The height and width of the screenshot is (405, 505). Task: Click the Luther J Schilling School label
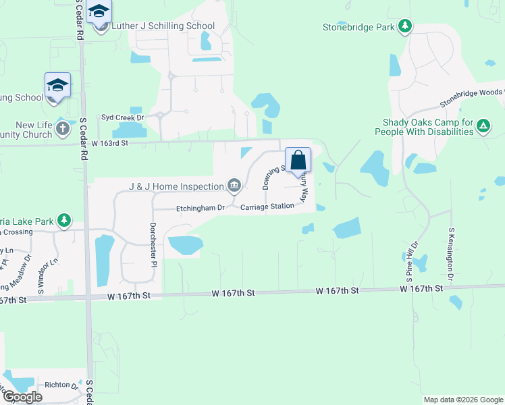[163, 26]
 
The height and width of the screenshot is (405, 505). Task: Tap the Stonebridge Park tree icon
[405, 26]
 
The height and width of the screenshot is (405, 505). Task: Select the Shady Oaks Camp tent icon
[483, 126]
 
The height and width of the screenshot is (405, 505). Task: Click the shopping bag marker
[298, 160]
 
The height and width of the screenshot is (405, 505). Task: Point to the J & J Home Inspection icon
[234, 185]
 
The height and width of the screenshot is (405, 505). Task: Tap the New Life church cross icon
[62, 128]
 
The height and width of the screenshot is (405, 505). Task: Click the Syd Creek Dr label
[123, 117]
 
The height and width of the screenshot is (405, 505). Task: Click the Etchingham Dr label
[201, 208]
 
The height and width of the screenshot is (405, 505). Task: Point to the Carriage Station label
[268, 206]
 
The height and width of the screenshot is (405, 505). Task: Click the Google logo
[22, 397]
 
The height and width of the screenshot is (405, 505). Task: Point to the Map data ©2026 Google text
[462, 400]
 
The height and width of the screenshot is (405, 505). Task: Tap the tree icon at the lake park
[64, 219]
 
